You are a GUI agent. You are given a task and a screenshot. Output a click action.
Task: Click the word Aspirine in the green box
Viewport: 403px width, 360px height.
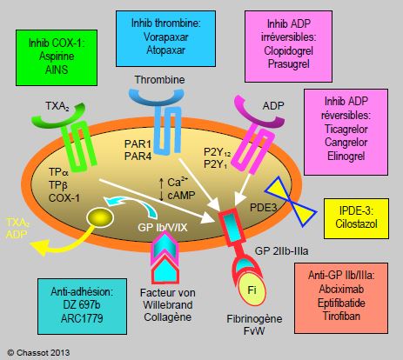coord(57,56)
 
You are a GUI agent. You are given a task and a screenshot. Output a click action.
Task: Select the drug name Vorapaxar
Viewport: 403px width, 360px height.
coord(165,37)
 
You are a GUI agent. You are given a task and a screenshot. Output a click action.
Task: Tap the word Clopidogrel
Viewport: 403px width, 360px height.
coord(288,50)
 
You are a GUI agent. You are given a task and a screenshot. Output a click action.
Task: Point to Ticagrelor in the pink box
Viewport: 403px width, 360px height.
coord(346,129)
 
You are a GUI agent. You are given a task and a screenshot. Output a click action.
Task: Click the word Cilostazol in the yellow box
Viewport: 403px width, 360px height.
coord(356,223)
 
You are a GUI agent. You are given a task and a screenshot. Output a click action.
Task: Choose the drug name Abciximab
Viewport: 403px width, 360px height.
coord(341,289)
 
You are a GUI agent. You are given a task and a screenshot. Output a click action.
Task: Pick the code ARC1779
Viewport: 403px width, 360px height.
coord(82,318)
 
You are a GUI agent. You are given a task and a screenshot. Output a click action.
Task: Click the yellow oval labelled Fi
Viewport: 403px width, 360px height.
coord(252,290)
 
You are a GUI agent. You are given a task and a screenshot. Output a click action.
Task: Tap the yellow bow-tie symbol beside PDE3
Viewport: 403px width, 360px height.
coord(291,202)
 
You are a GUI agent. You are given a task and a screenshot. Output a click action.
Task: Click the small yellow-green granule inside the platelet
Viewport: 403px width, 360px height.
coord(100,217)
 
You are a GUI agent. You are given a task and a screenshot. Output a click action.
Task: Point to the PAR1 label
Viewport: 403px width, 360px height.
coord(138,143)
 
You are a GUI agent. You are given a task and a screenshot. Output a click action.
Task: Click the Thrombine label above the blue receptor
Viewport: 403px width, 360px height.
coord(160,80)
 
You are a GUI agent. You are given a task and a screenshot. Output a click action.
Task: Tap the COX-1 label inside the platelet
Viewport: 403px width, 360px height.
coord(64,198)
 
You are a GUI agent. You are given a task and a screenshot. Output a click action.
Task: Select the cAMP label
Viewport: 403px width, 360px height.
coord(181,196)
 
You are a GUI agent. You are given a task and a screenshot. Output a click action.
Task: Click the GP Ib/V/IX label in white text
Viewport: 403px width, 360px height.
coord(163,228)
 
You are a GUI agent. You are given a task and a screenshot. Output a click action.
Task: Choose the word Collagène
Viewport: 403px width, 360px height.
coord(168,317)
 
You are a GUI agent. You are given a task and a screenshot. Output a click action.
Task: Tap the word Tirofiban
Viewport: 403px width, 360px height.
coord(341,316)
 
